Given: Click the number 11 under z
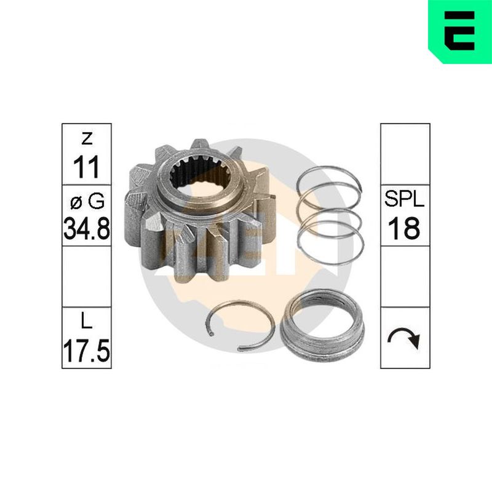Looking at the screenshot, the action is [86, 167].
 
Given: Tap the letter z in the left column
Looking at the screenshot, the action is [87, 138].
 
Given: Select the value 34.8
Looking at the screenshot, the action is [87, 228].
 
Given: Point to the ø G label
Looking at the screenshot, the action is [87, 202].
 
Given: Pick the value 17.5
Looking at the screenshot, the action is [87, 351].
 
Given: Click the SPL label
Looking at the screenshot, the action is [405, 199].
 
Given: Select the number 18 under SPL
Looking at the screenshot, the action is [404, 228].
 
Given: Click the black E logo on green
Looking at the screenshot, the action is [459, 31].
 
